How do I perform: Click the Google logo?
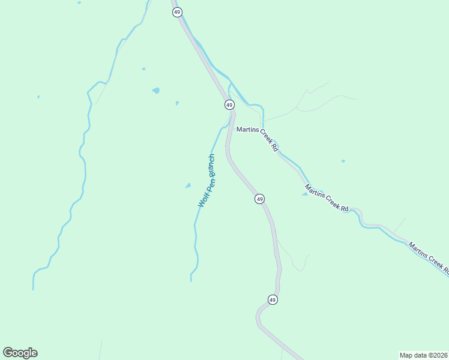coord(20,353)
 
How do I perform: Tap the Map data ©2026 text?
coord(423,355)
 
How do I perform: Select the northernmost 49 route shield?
coord(176,12)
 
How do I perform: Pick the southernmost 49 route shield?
coord(273,299)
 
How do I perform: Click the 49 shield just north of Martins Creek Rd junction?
coord(229,104)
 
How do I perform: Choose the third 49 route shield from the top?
coord(259,199)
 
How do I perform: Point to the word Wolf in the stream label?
coord(203,200)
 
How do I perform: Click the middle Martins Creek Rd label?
coord(327,197)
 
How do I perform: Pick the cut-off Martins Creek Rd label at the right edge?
coord(429,259)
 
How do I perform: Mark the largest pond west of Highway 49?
coord(156,91)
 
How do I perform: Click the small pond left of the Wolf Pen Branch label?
coord(188,185)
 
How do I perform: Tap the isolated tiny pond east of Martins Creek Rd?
coord(343,161)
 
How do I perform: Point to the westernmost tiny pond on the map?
coord(38,97)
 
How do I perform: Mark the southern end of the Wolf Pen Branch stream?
coord(191,280)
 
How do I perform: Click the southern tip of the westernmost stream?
coord(33,289)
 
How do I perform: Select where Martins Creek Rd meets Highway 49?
coord(231,128)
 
